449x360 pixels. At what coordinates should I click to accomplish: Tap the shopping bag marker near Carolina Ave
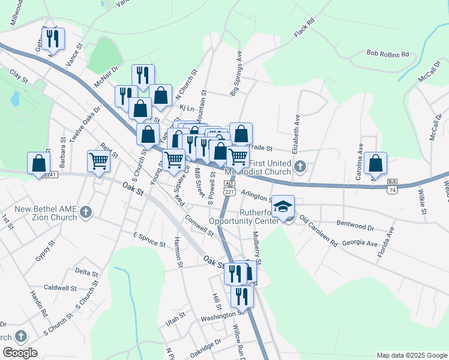(x=375, y=163)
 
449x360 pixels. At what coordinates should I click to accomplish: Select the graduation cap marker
(x=283, y=208)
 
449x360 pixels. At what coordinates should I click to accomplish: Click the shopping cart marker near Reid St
(x=98, y=161)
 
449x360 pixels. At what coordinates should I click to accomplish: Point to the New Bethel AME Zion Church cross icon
(x=86, y=212)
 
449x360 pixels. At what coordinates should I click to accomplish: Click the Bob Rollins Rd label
(x=388, y=53)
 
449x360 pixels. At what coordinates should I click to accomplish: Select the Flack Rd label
(x=304, y=29)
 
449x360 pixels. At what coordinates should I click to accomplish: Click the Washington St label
(x=220, y=314)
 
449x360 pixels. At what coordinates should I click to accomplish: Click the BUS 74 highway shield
(x=392, y=185)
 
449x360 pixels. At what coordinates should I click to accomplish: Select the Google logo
(x=20, y=353)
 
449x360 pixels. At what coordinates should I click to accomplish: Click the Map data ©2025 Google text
(x=411, y=355)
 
